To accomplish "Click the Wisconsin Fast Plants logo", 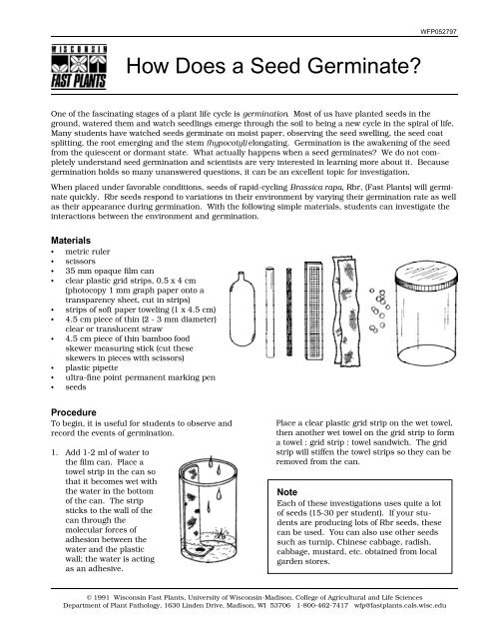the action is [79, 67].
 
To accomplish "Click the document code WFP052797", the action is [439, 31].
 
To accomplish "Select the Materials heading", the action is [71, 241].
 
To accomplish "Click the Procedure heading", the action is [73, 412].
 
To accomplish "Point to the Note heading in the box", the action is [287, 492].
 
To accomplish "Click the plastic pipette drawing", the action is [242, 309].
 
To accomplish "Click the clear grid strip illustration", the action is [314, 311].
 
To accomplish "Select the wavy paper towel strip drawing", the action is [346, 311].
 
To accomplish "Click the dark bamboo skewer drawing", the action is [289, 312].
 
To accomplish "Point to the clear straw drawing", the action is [270, 313].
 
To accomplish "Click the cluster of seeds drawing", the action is [379, 310].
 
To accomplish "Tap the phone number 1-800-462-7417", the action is [322, 606].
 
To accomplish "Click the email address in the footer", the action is [400, 606].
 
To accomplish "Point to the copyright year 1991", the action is [102, 597].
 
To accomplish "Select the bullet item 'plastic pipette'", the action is [92, 367].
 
